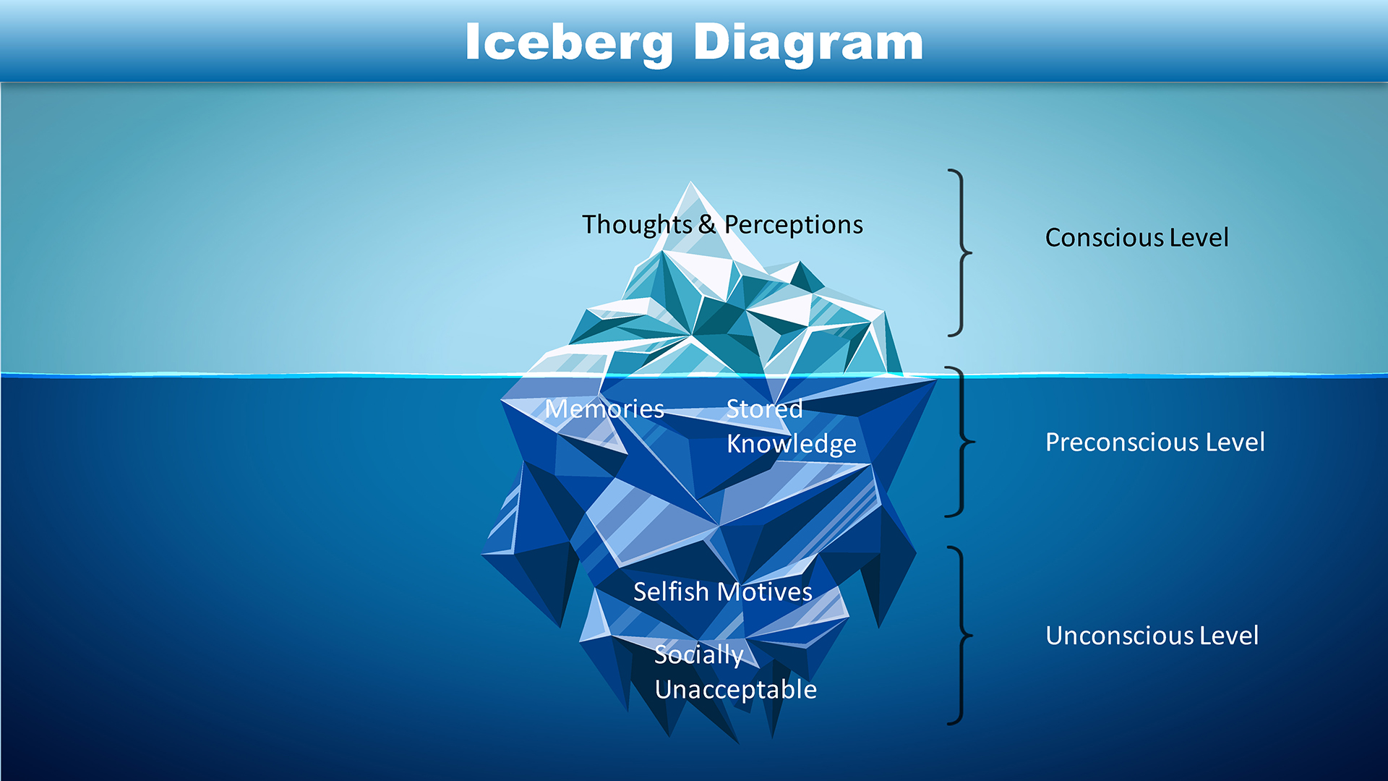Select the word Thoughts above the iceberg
(637, 224)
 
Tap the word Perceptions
(793, 224)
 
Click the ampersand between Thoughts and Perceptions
(707, 224)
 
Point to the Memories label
(604, 409)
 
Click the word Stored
(764, 409)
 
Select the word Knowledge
(791, 444)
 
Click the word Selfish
(671, 592)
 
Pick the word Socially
(698, 654)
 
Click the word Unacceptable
(735, 690)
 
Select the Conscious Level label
(1136, 237)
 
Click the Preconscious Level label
(1154, 442)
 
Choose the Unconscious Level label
(1152, 636)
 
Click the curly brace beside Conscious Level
(961, 253)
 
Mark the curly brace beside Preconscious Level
(961, 441)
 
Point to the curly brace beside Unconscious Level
(961, 636)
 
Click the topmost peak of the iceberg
(690, 184)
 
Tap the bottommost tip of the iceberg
(737, 742)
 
